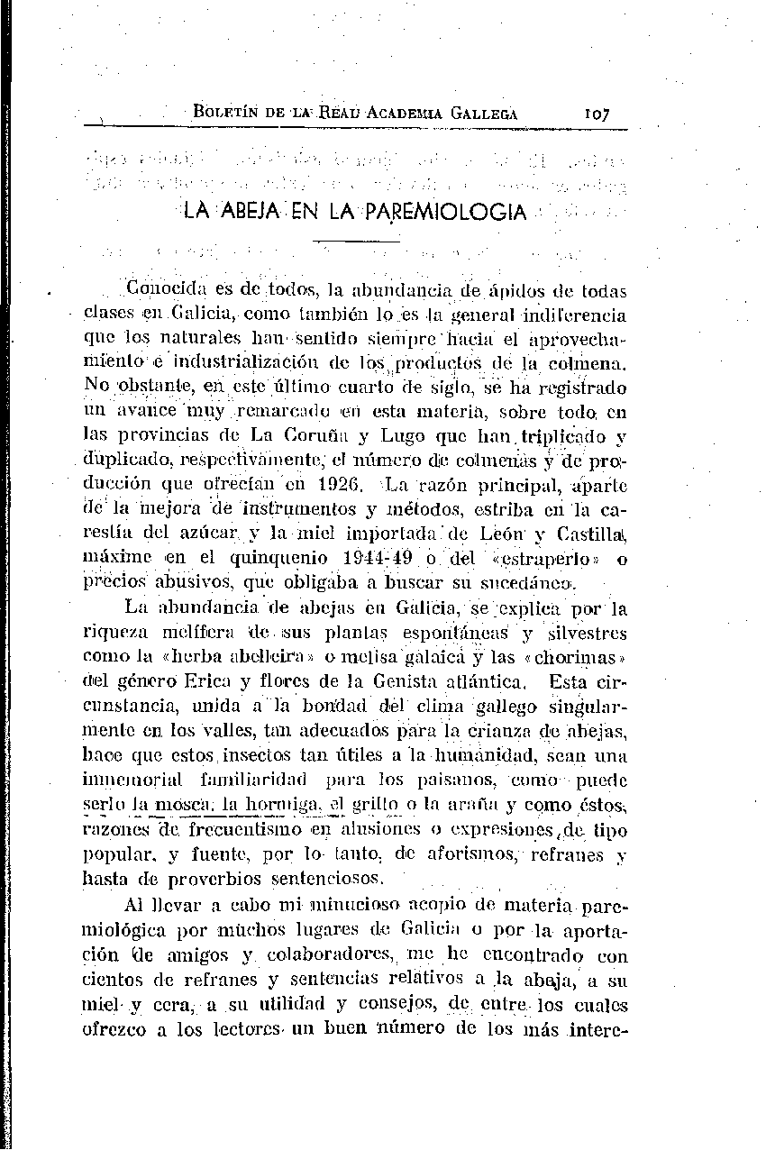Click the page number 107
[597, 114]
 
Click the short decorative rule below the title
[356, 241]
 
